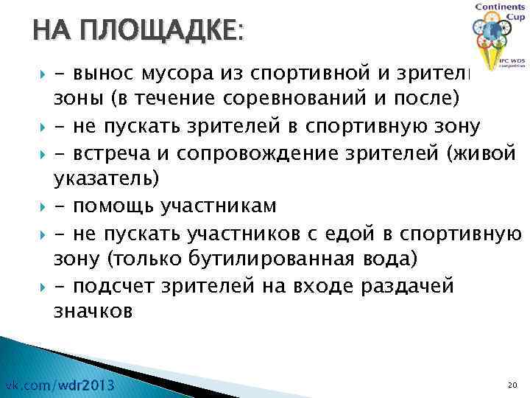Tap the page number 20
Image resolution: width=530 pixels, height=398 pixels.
coord(512,385)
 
